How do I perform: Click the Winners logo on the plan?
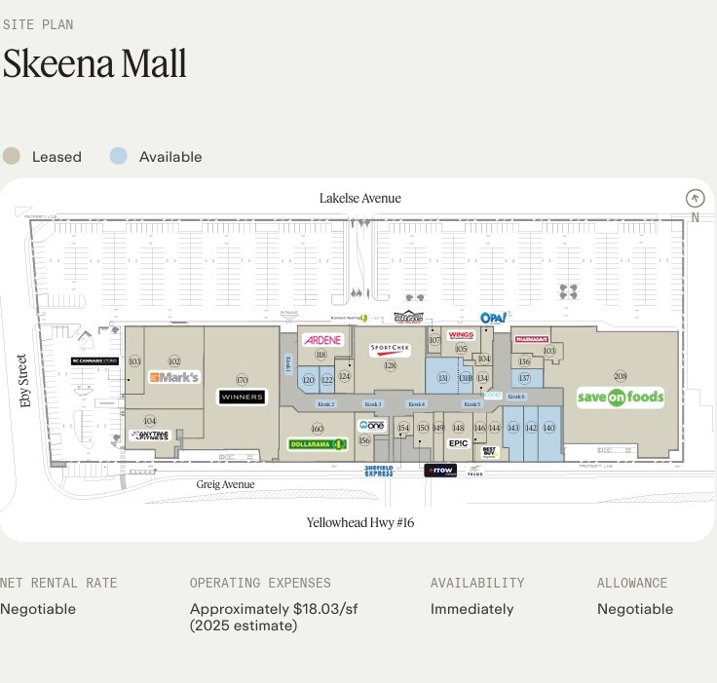(x=242, y=397)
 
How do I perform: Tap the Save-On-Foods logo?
(x=621, y=397)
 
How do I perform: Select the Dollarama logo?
(x=318, y=444)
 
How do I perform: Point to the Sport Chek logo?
(x=390, y=350)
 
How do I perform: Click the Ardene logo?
(x=322, y=340)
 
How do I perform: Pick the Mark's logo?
(x=174, y=377)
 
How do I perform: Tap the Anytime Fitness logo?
(x=149, y=436)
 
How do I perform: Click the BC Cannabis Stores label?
(x=94, y=361)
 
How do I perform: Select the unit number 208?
(x=621, y=376)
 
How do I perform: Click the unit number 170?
(x=242, y=380)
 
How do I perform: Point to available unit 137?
(x=524, y=378)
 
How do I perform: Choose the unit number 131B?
(x=465, y=378)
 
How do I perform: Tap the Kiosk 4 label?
(x=416, y=403)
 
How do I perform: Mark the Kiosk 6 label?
(x=515, y=397)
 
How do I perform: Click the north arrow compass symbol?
(x=695, y=198)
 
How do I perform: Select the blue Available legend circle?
(x=118, y=156)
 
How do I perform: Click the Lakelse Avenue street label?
(x=359, y=199)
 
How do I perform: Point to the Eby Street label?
(x=24, y=381)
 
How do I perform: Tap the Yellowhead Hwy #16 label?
(x=360, y=522)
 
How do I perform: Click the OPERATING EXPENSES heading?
(x=260, y=583)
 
